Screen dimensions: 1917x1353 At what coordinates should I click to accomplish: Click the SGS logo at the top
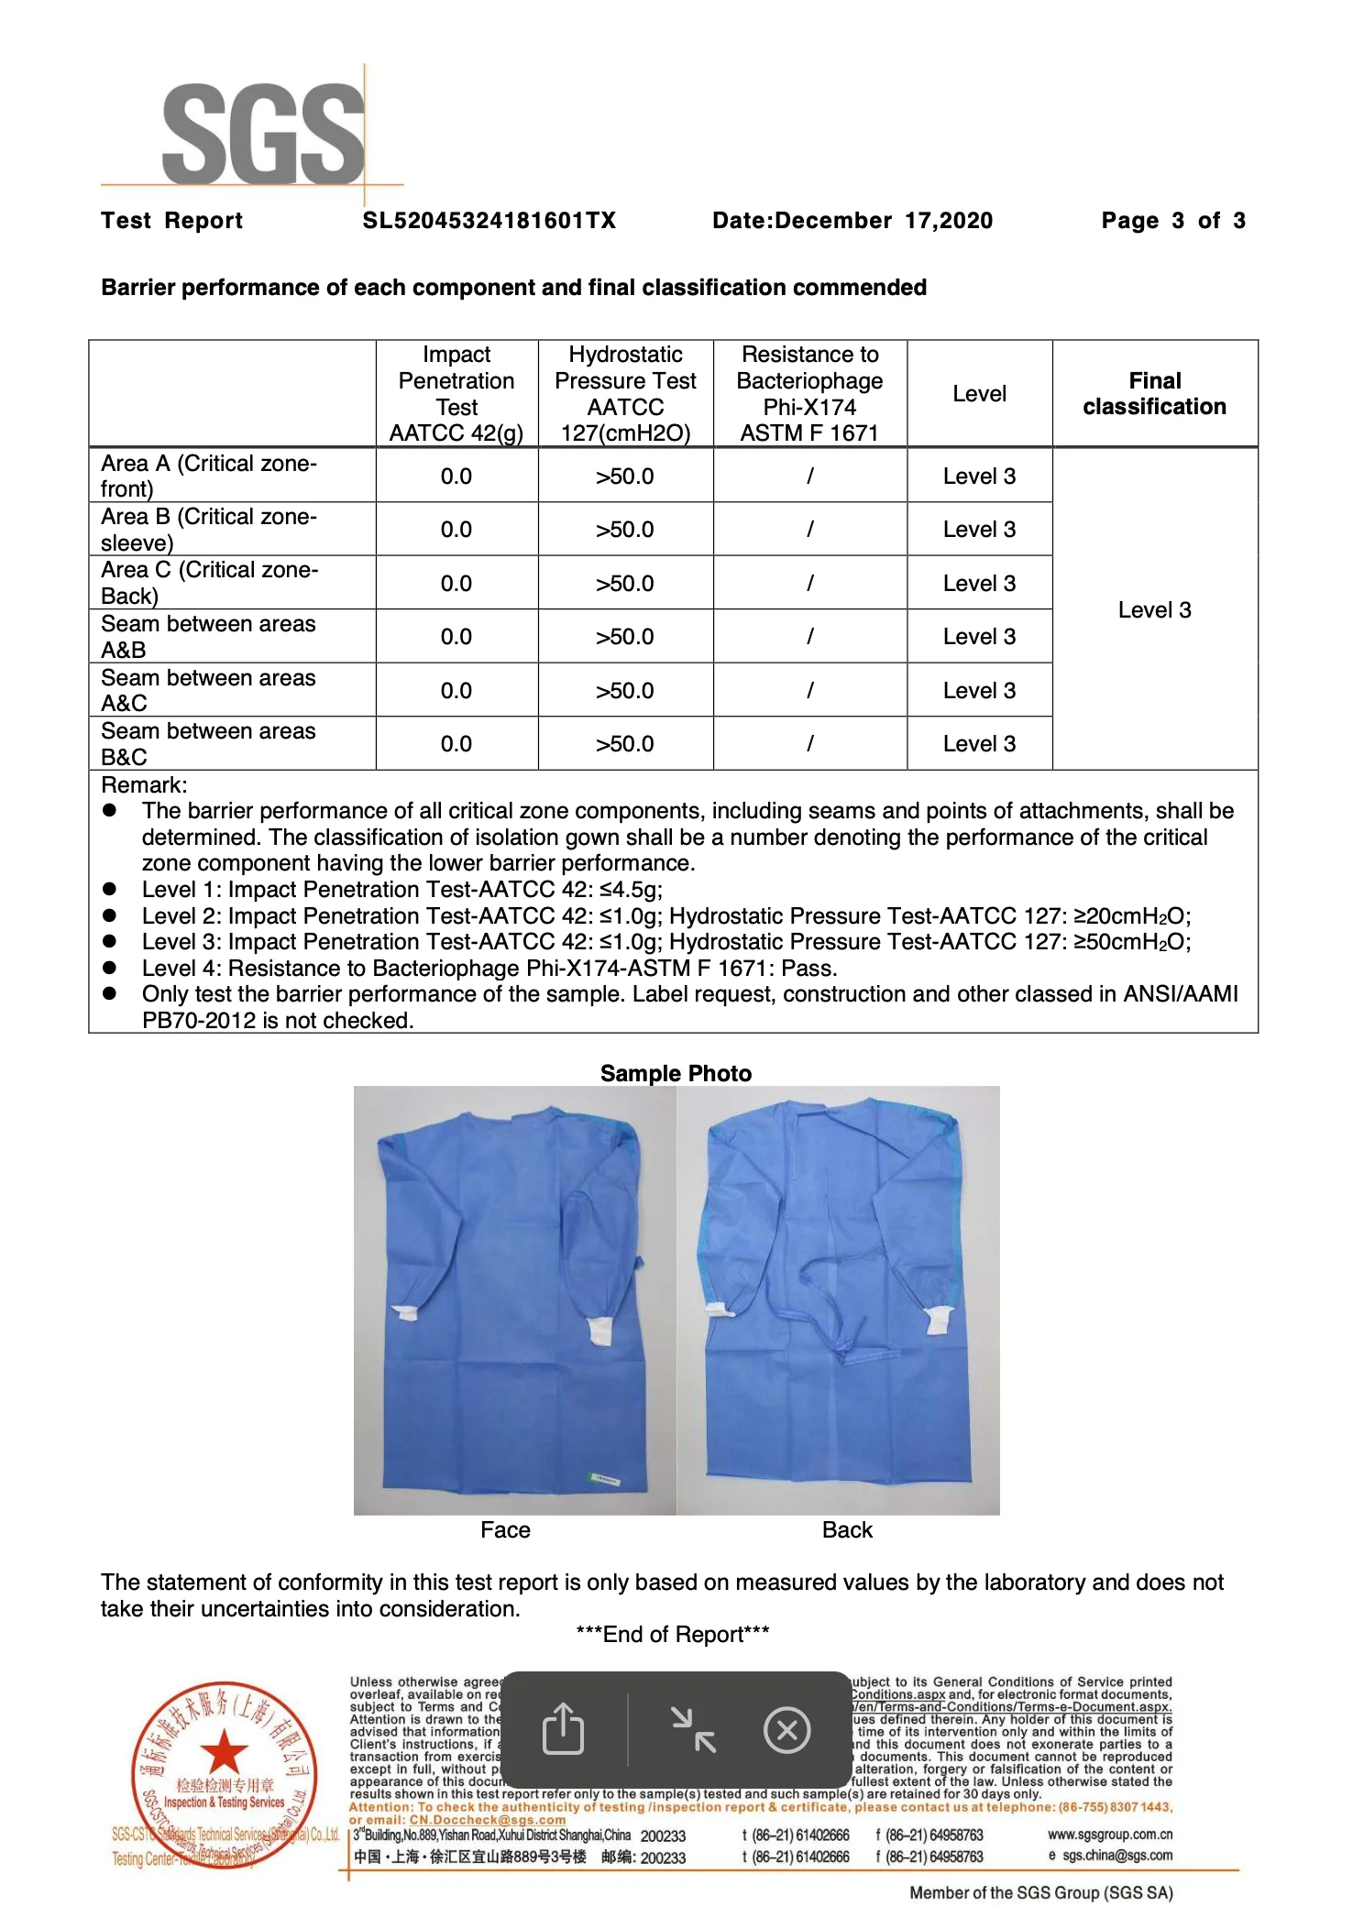[263, 133]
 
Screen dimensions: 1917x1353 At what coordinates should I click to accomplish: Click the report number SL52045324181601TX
[489, 221]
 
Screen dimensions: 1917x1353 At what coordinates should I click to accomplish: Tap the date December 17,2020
[852, 221]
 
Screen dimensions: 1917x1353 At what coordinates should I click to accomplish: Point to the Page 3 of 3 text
[1172, 221]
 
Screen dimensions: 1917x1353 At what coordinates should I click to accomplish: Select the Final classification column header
[1154, 394]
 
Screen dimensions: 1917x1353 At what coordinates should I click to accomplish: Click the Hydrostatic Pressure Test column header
[625, 394]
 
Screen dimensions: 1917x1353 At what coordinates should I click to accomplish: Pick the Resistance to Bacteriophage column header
[809, 394]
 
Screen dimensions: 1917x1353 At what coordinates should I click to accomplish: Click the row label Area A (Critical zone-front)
[209, 476]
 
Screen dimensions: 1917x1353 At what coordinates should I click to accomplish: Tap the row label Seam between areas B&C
[208, 744]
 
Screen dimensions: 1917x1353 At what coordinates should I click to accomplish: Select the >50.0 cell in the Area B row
[625, 530]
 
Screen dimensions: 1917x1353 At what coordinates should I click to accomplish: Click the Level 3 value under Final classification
[1154, 610]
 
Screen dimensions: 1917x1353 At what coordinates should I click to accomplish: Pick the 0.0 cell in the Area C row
[456, 584]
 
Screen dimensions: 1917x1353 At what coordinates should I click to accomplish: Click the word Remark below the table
[144, 785]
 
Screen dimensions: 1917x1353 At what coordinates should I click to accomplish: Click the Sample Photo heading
[676, 1074]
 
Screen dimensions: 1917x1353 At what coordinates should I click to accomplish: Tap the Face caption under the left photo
[505, 1530]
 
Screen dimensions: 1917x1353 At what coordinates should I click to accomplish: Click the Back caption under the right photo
[847, 1530]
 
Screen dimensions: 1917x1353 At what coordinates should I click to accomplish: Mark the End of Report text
[673, 1635]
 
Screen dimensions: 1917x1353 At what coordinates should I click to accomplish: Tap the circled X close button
[786, 1731]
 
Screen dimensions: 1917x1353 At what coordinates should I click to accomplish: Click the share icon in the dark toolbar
[563, 1730]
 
